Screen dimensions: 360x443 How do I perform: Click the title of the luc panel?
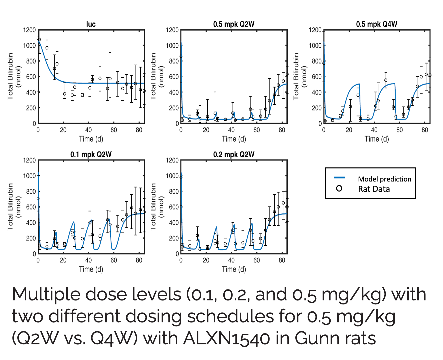(x=91, y=24)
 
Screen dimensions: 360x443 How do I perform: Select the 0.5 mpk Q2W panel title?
(x=234, y=24)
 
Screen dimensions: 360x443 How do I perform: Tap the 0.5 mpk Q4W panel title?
(x=377, y=24)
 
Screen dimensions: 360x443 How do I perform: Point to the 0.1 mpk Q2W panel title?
(x=91, y=154)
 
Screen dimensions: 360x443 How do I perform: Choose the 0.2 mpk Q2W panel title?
(x=234, y=154)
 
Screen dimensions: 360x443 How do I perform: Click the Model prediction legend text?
(x=384, y=179)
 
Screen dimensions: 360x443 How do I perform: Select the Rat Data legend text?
(x=374, y=189)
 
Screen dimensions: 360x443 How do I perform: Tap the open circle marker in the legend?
(x=339, y=188)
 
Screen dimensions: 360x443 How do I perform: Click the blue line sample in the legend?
(x=340, y=178)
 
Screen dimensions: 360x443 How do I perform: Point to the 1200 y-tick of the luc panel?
(x=29, y=30)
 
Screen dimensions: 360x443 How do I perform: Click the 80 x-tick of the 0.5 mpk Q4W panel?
(x=425, y=130)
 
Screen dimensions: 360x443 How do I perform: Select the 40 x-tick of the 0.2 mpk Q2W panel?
(x=231, y=260)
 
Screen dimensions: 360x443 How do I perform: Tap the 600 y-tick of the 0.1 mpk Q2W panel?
(x=31, y=207)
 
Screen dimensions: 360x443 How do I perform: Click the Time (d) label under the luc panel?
(x=91, y=139)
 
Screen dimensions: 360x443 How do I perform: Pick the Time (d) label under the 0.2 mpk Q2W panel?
(x=234, y=269)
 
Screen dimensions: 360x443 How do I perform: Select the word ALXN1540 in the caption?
(x=226, y=339)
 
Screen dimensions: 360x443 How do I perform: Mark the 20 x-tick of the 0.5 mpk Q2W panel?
(x=206, y=130)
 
